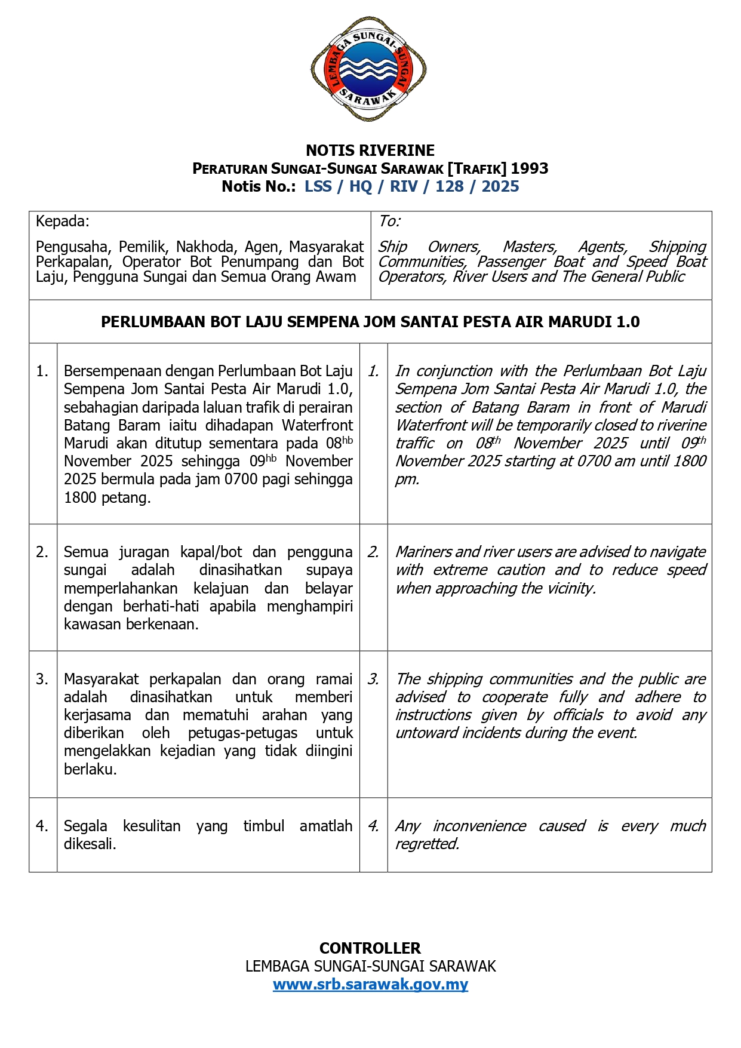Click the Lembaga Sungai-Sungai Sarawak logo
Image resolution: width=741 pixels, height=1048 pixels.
point(368,69)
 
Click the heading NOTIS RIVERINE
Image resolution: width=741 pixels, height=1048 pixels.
point(370,150)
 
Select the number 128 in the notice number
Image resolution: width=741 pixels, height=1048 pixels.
point(449,186)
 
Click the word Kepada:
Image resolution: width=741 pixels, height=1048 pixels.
point(62,222)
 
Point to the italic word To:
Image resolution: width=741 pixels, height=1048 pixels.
point(389,222)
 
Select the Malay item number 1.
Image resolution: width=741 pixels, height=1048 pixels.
point(42,371)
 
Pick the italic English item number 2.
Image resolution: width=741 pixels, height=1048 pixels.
point(373,552)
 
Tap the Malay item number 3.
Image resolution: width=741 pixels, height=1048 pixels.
point(42,679)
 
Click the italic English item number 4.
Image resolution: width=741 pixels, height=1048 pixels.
point(373,826)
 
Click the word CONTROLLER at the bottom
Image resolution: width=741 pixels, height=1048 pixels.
point(370,948)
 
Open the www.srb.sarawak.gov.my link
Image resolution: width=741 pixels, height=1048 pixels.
point(370,984)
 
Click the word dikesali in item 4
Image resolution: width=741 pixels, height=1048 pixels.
point(89,844)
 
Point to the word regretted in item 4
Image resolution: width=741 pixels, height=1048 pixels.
point(426,844)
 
